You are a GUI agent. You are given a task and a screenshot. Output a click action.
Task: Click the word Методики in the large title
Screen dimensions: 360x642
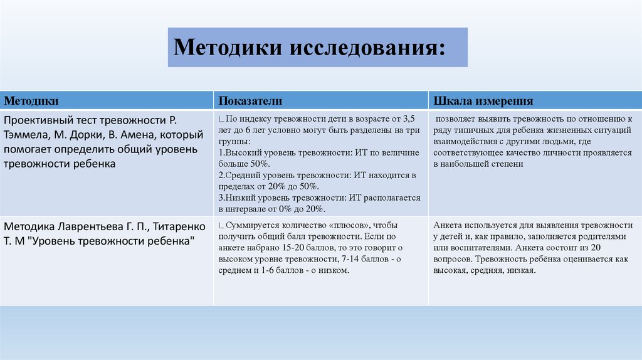tap(225, 47)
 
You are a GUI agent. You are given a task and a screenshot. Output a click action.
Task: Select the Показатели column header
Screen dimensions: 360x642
tap(250, 101)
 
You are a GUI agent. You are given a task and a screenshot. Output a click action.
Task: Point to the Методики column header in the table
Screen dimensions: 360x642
tap(32, 101)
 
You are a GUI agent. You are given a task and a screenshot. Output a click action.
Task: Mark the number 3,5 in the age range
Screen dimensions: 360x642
tap(409, 119)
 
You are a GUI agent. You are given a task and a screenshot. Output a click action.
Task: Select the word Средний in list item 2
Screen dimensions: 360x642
tap(245, 175)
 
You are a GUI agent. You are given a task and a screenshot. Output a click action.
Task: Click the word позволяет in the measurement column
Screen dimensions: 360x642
tap(456, 119)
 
